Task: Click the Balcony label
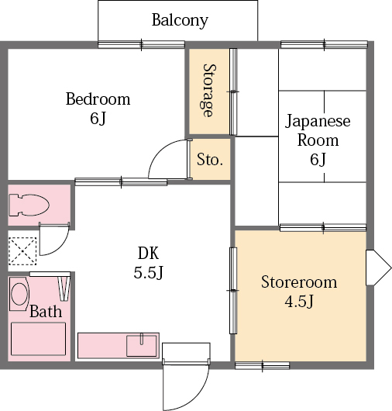tap(180, 20)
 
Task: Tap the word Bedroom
tap(98, 98)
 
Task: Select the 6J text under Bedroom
tap(98, 118)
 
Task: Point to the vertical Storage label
tap(209, 91)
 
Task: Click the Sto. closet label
tap(210, 159)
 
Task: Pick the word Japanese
tap(318, 121)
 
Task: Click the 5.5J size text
tap(149, 272)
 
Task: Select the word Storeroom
tap(299, 282)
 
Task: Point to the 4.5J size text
tap(299, 302)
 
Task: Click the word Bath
tap(46, 312)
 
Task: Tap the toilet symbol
tap(29, 205)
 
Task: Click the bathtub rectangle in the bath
tap(38, 339)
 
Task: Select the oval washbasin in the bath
tap(19, 294)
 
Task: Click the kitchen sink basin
tap(142, 346)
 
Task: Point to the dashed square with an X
tap(22, 251)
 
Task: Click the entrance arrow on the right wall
tap(378, 268)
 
